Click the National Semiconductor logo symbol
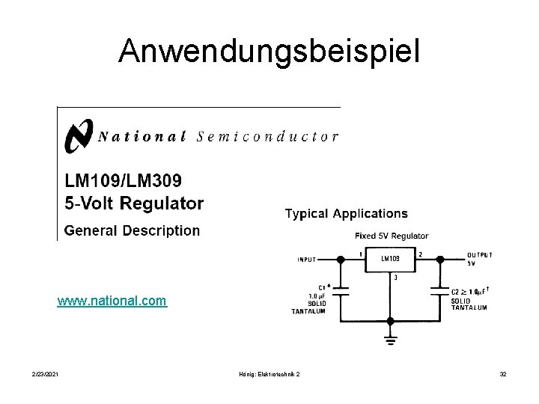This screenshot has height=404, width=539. (x=79, y=135)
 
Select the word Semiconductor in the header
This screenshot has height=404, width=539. (x=267, y=136)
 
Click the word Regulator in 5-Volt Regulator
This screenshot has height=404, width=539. (x=164, y=203)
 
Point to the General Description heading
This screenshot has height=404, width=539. (x=132, y=230)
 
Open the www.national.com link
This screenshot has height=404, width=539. (x=112, y=302)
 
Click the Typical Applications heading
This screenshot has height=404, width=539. (x=347, y=214)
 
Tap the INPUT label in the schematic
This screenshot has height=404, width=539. (x=307, y=260)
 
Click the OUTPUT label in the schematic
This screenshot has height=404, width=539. (x=479, y=255)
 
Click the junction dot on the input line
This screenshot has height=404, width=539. (x=340, y=260)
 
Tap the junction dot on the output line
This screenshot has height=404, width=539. (x=439, y=260)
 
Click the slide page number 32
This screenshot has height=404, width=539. (x=503, y=373)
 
